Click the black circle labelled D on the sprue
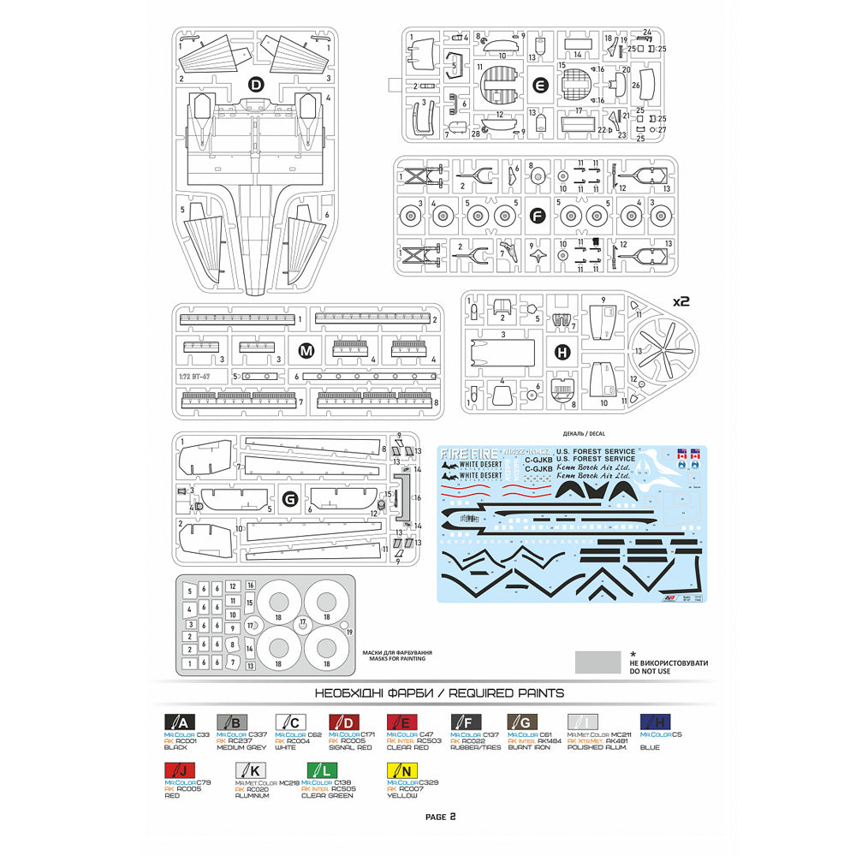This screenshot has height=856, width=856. coord(255,84)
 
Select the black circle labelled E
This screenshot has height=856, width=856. coord(539,85)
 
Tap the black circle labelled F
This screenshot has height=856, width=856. coord(537,217)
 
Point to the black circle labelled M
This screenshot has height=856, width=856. coord(305,349)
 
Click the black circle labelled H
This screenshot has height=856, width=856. coord(562,351)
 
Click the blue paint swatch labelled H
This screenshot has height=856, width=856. coord(655,721)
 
